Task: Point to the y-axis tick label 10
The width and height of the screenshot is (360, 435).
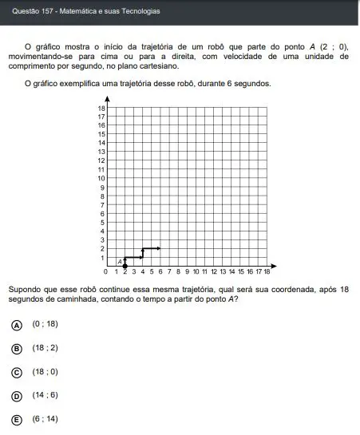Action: tap(101, 178)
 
